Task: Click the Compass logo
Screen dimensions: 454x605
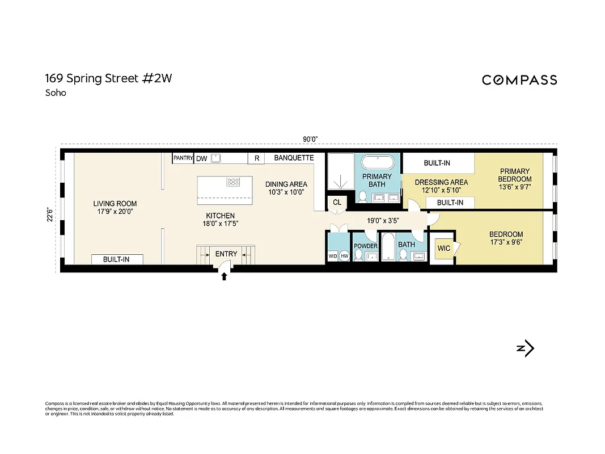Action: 519,80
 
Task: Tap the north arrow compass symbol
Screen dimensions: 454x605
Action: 526,348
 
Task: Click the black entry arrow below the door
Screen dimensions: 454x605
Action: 224,276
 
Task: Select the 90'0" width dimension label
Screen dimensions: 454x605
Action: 310,139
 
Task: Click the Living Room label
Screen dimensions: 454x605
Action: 115,204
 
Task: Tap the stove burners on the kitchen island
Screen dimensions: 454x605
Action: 233,182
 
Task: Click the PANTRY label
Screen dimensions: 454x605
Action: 183,158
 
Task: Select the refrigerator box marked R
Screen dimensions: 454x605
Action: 257,159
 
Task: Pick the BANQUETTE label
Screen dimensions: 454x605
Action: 294,158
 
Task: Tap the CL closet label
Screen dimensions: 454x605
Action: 337,202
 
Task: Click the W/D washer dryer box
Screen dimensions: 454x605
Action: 333,256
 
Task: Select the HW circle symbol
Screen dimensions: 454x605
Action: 344,256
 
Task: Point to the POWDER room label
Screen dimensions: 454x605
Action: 366,246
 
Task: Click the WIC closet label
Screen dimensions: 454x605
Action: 443,249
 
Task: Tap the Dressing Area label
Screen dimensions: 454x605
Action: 441,182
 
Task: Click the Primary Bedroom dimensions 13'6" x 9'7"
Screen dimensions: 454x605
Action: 515,187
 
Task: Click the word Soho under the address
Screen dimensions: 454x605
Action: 56,93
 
